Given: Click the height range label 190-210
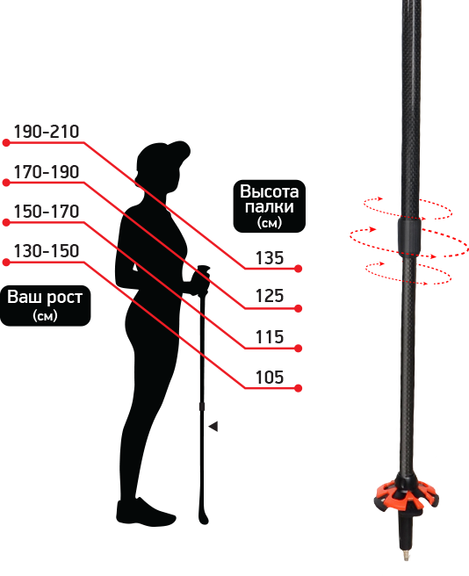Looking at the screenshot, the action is pyautogui.click(x=47, y=132).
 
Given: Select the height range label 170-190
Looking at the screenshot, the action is pyautogui.click(x=47, y=171).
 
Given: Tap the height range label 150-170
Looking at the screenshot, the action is pyautogui.click(x=47, y=212).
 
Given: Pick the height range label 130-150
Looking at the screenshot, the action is pyautogui.click(x=47, y=251).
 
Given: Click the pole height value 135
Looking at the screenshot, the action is pyautogui.click(x=270, y=258).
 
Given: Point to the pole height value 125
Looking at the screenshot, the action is pyautogui.click(x=270, y=296).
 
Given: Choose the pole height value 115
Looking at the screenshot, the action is pyautogui.click(x=270, y=337).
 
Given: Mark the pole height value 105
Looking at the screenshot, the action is pyautogui.click(x=270, y=378).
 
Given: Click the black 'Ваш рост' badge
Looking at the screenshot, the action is pyautogui.click(x=45, y=306).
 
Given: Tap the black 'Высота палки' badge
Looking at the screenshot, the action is pyautogui.click(x=270, y=206).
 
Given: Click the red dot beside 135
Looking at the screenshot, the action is pyautogui.click(x=298, y=269).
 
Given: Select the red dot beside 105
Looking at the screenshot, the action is pyautogui.click(x=298, y=388).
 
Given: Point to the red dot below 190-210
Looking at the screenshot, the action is pyautogui.click(x=6, y=142).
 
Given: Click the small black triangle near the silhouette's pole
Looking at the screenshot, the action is pyautogui.click(x=213, y=427).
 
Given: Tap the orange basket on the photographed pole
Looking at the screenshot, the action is pyautogui.click(x=406, y=495).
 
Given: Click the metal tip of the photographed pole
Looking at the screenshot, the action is pyautogui.click(x=406, y=555).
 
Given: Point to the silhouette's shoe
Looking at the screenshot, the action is pyautogui.click(x=146, y=512).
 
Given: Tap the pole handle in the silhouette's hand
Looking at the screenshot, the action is pyautogui.click(x=203, y=280).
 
